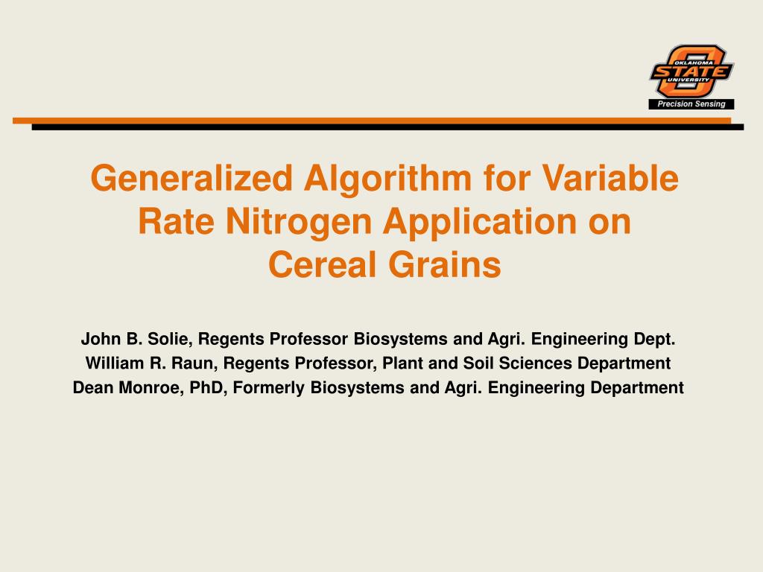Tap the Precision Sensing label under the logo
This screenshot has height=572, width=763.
coord(691,104)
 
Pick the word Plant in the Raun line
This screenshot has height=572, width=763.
coord(402,363)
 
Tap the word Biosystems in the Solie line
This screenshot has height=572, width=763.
coord(399,340)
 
